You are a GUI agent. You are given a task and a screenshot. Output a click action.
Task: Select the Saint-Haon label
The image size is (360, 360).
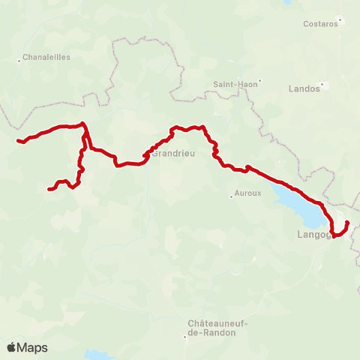click(235, 85)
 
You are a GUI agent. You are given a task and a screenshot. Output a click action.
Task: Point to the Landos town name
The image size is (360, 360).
click(304, 88)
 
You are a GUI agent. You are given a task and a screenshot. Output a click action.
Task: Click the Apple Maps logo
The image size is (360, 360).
click(27, 347)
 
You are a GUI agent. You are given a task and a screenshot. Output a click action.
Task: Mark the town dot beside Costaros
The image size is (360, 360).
click(340, 19)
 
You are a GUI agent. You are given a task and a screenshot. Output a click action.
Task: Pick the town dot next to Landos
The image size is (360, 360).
click(323, 85)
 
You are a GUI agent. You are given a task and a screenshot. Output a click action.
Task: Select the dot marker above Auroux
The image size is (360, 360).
click(232, 196)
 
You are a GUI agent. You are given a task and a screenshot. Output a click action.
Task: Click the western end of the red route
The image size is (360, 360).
click(19, 140)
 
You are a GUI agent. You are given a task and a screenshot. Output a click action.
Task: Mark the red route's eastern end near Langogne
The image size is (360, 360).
click(347, 223)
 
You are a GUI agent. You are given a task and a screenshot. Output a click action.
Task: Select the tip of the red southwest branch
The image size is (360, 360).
click(49, 189)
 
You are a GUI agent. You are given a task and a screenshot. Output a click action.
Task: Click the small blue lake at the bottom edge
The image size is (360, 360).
click(97, 354)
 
